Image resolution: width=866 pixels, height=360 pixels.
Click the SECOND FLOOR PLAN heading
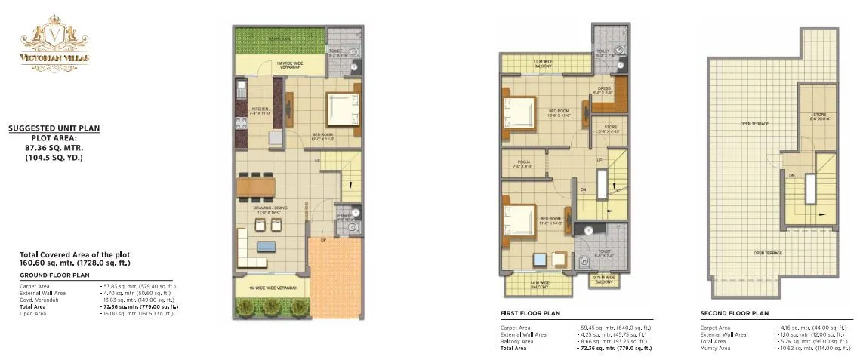[x=735, y=312]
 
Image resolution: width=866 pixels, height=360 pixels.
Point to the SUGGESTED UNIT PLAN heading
[x=54, y=128]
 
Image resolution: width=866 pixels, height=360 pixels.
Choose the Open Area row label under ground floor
[x=33, y=313]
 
